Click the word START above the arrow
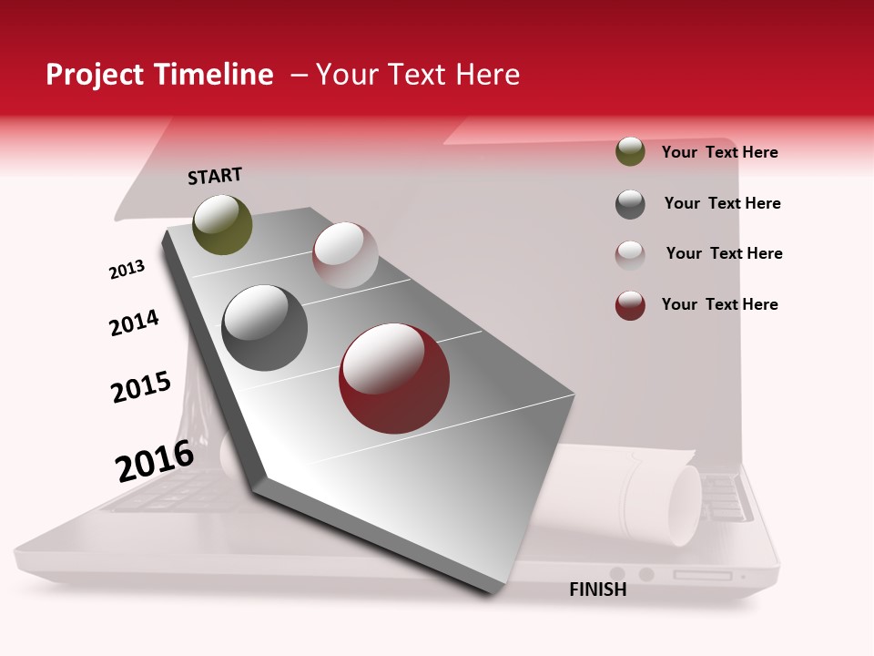coord(215,176)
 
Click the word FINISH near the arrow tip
coord(597,589)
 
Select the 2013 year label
coord(127,270)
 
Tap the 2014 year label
coord(134,323)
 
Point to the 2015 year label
coord(141,387)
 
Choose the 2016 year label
coord(155,461)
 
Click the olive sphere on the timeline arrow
coord(222,225)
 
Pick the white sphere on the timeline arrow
coord(345,255)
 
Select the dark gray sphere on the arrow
coord(264,328)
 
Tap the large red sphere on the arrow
coord(394,378)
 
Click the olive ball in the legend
coord(630,152)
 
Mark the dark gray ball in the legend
coord(630,204)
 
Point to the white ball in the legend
coord(630,254)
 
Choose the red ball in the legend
coord(630,305)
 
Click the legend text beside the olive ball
coord(719,153)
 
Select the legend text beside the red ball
coord(719,304)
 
